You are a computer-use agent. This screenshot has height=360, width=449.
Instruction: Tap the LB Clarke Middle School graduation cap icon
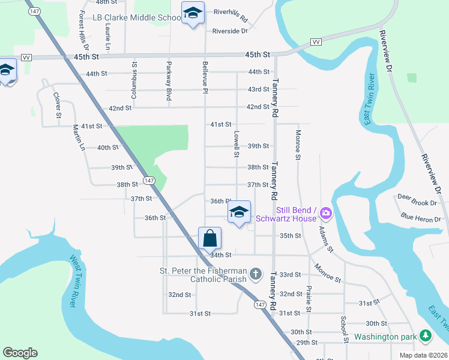pos(193,13)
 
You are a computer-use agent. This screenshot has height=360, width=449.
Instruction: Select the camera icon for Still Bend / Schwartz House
pos(326,212)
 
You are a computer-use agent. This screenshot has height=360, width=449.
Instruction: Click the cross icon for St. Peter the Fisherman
pos(256,275)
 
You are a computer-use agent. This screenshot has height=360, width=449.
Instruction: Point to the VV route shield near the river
pos(315,41)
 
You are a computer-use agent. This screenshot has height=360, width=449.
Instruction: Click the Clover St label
pos(58,104)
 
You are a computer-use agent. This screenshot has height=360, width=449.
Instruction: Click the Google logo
pos(20,353)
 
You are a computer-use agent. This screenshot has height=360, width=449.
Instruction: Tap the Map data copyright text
pos(423,355)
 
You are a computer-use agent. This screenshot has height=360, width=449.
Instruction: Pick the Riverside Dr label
pos(226,31)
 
